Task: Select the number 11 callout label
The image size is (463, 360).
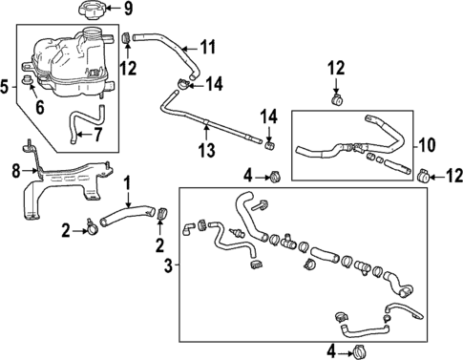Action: (x=209, y=46)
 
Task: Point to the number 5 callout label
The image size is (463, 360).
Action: (x=6, y=87)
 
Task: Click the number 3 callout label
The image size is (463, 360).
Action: (x=168, y=265)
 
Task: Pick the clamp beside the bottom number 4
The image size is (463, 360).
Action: (x=361, y=351)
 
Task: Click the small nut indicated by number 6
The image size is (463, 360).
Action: (x=31, y=93)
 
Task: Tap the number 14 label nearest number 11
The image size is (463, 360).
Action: (x=215, y=85)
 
